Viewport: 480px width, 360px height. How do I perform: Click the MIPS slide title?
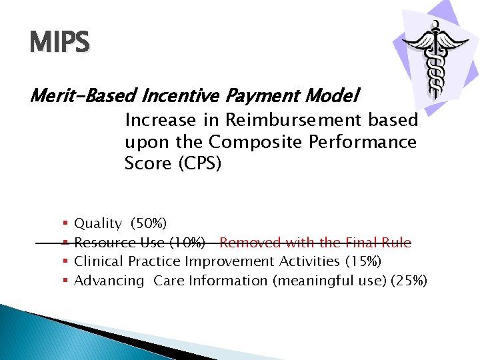(x=59, y=43)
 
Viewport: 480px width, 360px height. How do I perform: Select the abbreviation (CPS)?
(x=198, y=163)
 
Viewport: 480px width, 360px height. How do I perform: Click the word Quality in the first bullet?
(x=98, y=224)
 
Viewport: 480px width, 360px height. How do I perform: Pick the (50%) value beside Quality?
(x=149, y=224)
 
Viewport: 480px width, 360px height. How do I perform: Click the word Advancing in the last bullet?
(x=109, y=281)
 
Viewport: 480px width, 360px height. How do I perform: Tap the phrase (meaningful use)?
(x=329, y=281)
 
